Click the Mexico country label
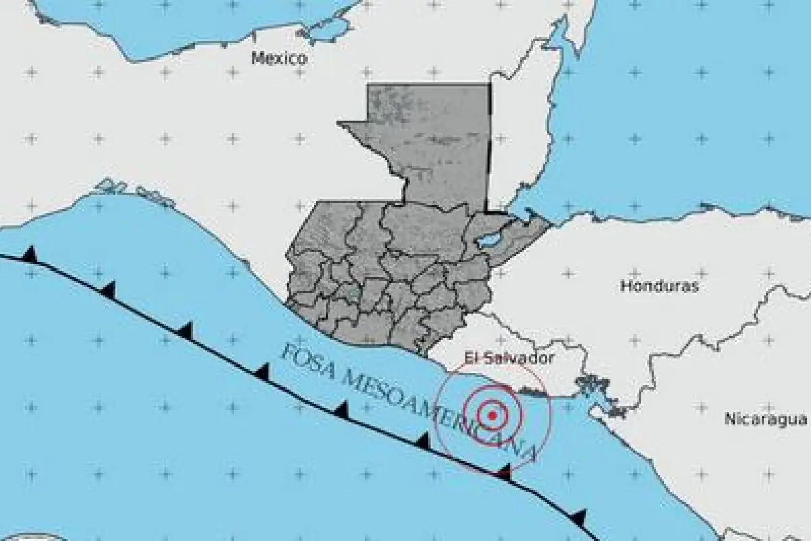pos(279,58)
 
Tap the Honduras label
pos(660,286)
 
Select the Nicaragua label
pos(766,419)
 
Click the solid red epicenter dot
pos(493,415)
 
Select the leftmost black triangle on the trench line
pos(29,254)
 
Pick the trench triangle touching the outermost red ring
pos(503,472)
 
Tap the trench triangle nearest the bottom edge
pos(579,517)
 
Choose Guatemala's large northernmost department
pos(426,142)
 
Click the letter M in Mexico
pos(257,58)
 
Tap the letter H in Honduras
pos(625,286)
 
